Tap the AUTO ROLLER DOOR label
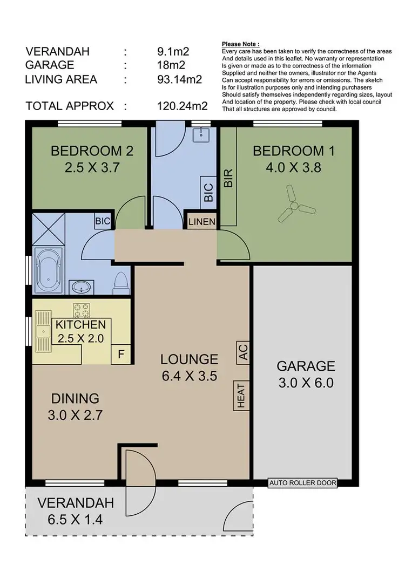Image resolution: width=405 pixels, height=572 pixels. pos(302,484)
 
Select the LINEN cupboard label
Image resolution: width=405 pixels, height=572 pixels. pos(201,222)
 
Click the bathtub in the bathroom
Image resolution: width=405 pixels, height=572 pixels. pos(49,270)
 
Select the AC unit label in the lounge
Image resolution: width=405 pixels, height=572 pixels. pos(242,353)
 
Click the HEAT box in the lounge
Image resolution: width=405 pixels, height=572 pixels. pos(241,395)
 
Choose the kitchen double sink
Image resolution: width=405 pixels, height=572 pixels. pos(42,332)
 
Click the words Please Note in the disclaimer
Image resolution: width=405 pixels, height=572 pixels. pos(241,44)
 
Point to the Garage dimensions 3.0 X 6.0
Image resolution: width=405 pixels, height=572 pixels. pos(306,383)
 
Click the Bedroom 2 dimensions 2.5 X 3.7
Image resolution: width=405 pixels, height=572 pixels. pos(91,167)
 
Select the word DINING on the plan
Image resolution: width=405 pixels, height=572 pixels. pos(75,398)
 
